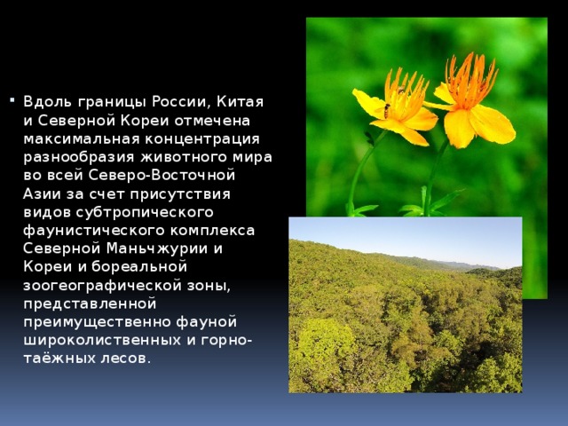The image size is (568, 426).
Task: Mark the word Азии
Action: click(43, 193)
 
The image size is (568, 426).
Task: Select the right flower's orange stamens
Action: click(470, 82)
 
